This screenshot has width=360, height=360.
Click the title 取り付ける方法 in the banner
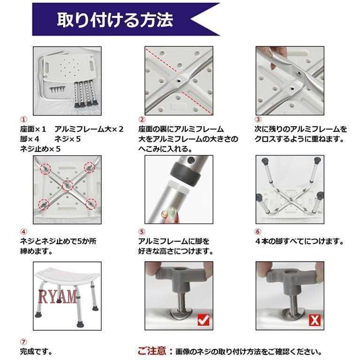click(115, 20)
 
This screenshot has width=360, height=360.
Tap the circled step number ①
click(23, 120)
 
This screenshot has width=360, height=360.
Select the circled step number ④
click(23, 232)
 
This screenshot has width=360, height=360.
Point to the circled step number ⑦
click(23, 342)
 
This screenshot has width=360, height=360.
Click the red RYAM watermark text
click(58, 296)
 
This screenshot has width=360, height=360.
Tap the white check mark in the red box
click(203, 320)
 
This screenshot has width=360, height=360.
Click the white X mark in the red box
click(315, 320)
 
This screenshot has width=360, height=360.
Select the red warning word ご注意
click(152, 351)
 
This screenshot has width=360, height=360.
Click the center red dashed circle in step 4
click(67, 186)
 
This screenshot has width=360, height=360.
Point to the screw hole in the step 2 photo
click(179, 80)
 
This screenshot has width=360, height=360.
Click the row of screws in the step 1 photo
click(57, 90)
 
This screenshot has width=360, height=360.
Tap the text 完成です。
click(36, 352)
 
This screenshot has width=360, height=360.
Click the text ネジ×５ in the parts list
click(67, 139)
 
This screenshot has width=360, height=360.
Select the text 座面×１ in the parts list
click(33, 129)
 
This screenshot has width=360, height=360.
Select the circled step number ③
click(258, 120)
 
